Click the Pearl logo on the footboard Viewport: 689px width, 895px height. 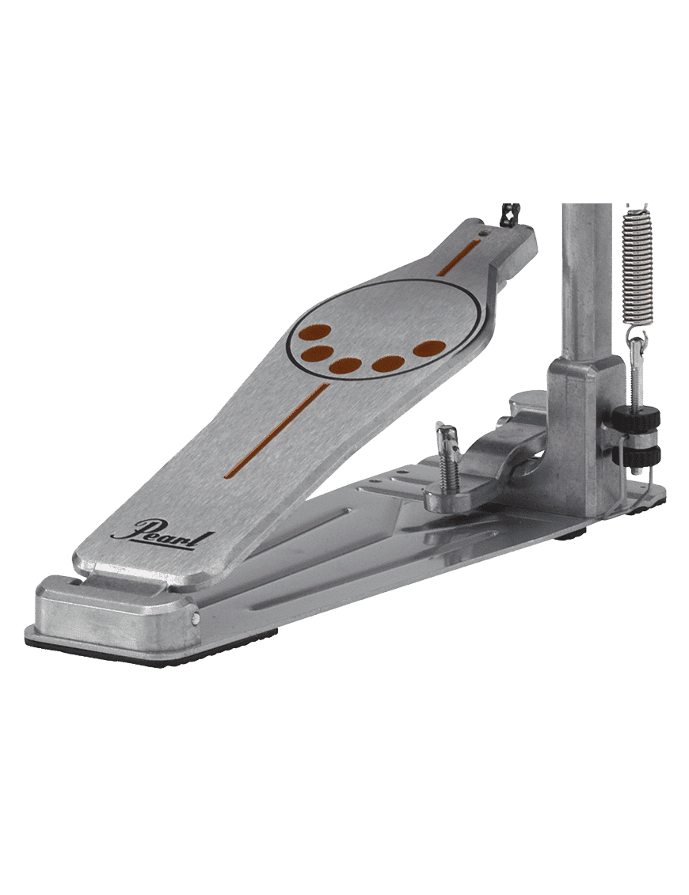pyautogui.click(x=163, y=533)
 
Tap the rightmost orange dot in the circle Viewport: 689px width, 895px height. pyautogui.click(x=429, y=349)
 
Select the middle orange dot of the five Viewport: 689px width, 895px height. pyautogui.click(x=345, y=366)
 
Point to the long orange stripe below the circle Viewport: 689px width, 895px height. pyautogui.click(x=276, y=430)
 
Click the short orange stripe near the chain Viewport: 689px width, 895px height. pyautogui.click(x=459, y=258)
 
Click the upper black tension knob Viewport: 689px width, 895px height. pyautogui.click(x=636, y=419)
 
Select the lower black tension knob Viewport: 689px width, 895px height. pyautogui.click(x=636, y=455)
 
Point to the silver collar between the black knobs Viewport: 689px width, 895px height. pyautogui.click(x=637, y=437)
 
